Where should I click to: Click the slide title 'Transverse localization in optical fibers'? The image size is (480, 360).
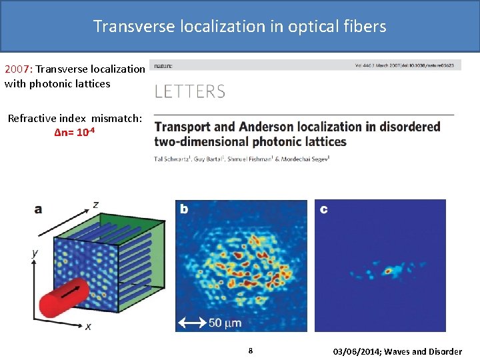tap(239, 26)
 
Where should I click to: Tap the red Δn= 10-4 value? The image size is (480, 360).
tap(78, 132)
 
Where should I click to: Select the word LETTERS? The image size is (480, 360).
tap(190, 92)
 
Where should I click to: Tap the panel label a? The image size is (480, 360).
tap(38, 209)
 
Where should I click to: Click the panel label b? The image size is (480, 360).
tap(184, 209)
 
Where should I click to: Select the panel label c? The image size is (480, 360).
tap(323, 209)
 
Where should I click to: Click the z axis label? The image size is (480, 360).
tap(96, 204)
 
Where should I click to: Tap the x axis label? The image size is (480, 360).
tap(88, 326)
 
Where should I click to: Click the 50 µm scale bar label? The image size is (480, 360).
tap(225, 323)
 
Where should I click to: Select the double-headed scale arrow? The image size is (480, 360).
tap(193, 323)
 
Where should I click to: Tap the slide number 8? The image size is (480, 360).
tap(250, 351)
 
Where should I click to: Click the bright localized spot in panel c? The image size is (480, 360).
tap(387, 271)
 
